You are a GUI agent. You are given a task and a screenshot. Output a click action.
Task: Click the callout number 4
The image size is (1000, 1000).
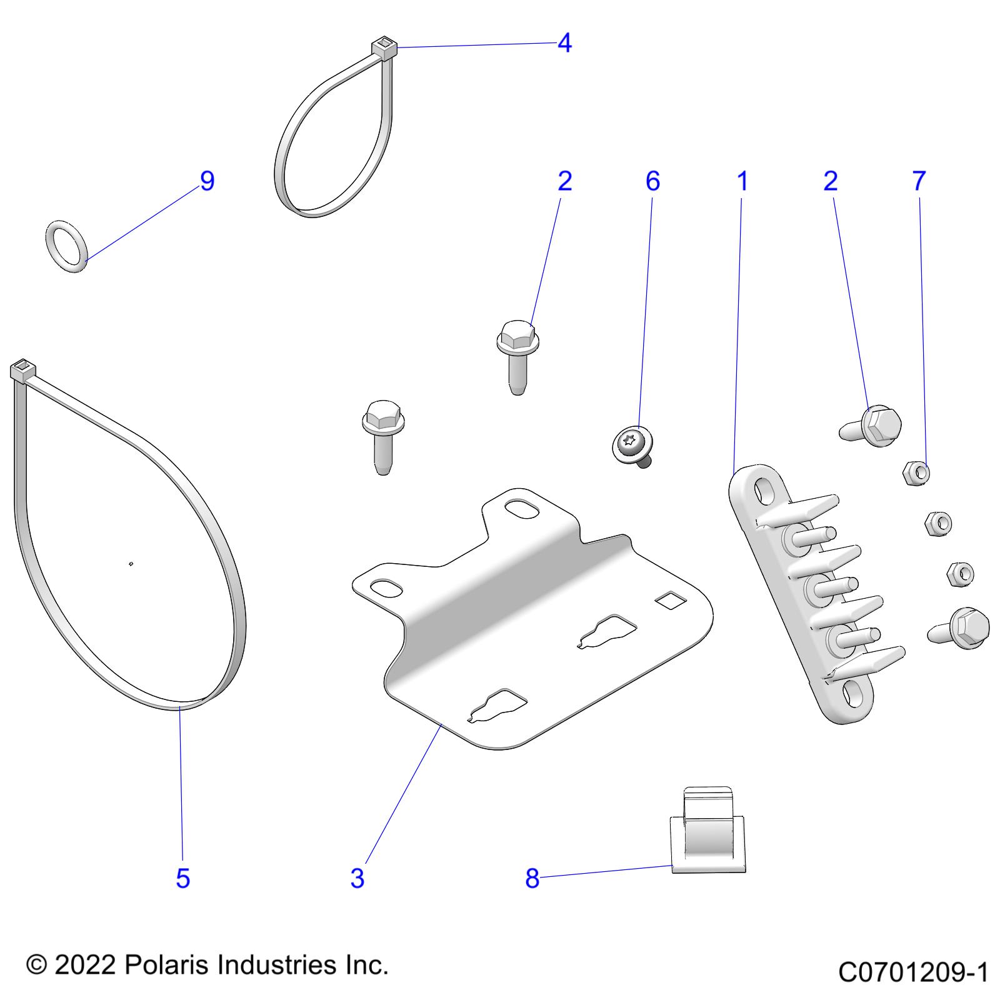pos(564,43)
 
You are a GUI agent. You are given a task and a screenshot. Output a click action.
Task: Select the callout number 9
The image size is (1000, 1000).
pos(207,181)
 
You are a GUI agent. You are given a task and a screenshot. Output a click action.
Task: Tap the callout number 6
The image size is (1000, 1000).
pos(652,181)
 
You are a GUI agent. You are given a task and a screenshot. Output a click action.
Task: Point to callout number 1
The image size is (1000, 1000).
pos(742,181)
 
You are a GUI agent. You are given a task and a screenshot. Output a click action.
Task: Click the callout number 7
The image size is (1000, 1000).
pos(919,181)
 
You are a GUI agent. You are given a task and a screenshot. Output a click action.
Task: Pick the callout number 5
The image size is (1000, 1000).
pos(182,878)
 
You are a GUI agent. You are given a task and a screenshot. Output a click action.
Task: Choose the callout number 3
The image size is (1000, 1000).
pos(357,878)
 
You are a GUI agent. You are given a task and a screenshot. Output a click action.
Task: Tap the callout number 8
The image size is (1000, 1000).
pos(532,878)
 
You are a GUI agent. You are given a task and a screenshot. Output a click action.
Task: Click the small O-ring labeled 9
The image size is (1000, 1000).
pos(67,246)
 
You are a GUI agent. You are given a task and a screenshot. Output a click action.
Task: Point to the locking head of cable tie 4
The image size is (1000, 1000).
pos(384,47)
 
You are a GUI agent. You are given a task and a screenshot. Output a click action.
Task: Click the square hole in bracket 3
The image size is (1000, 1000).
pos(670,600)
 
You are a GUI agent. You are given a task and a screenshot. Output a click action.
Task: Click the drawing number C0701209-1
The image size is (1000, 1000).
pos(912,972)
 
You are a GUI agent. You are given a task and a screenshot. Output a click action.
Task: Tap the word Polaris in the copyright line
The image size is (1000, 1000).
pos(166,965)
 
